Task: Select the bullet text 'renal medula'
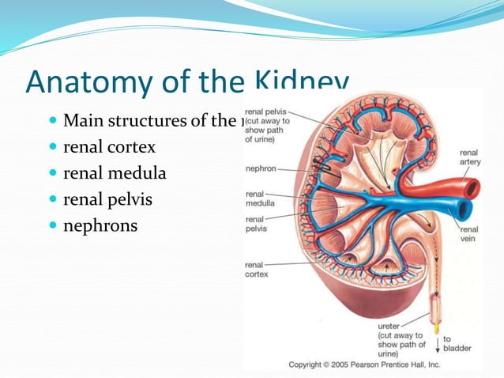(115, 174)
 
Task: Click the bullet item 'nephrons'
(100, 226)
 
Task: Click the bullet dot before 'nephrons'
(52, 226)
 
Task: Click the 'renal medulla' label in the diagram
(261, 198)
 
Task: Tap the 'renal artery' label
(469, 157)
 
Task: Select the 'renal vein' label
(469, 235)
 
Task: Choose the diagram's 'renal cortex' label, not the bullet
(257, 270)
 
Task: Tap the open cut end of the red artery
(472, 189)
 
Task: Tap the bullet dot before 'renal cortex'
(52, 148)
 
